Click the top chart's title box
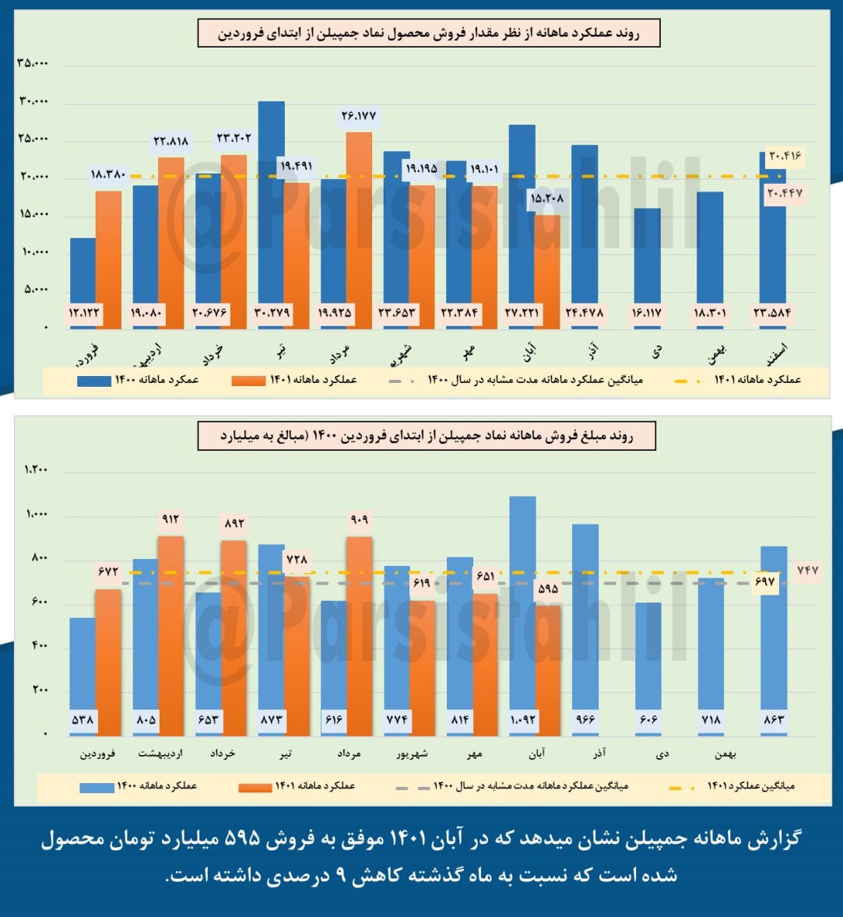[428, 34]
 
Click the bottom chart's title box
[427, 436]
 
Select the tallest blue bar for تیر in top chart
[271, 202]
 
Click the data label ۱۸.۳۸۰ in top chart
[108, 174]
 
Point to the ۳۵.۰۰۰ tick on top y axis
[32, 63]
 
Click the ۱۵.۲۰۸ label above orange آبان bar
[547, 199]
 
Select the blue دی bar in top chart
[647, 257]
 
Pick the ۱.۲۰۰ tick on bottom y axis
[36, 470]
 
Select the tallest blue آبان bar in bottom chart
[522, 607]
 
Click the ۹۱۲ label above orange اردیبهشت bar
[170, 519]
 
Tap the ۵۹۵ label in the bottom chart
[548, 588]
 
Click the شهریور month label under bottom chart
[412, 754]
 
